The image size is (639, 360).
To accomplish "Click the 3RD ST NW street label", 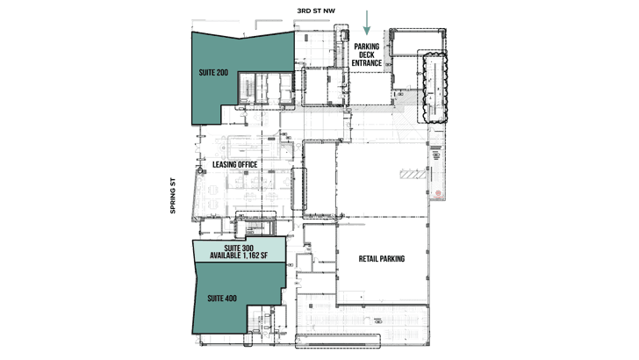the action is pyautogui.click(x=316, y=11).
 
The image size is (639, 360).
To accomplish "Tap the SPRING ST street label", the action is pyautogui.click(x=172, y=195).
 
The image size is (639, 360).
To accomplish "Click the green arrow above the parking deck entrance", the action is pyautogui.click(x=367, y=23).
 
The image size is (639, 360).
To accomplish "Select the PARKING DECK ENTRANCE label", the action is pyautogui.click(x=367, y=54).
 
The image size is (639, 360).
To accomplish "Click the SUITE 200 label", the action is pyautogui.click(x=213, y=73).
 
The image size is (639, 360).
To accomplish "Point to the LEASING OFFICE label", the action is pyautogui.click(x=234, y=164).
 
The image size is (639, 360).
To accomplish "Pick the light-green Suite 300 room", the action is pyautogui.click(x=240, y=249).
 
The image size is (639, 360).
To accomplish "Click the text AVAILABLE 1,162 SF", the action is pyautogui.click(x=239, y=256).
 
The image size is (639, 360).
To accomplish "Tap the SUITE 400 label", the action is pyautogui.click(x=222, y=299).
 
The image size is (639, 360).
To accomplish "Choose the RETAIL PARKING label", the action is pyautogui.click(x=382, y=258).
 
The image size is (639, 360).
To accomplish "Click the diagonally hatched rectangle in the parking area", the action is pyautogui.click(x=413, y=175).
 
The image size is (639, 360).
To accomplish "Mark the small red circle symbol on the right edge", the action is pyautogui.click(x=439, y=193).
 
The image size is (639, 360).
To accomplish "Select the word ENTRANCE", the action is pyautogui.click(x=367, y=63).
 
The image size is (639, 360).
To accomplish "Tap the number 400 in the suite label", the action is pyautogui.click(x=230, y=299).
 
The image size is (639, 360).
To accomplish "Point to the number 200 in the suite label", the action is pyautogui.click(x=222, y=73).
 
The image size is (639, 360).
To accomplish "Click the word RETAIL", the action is pyautogui.click(x=369, y=258).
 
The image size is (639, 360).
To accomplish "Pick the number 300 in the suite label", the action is pyautogui.click(x=248, y=248).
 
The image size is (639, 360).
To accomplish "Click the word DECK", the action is pyautogui.click(x=367, y=54).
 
